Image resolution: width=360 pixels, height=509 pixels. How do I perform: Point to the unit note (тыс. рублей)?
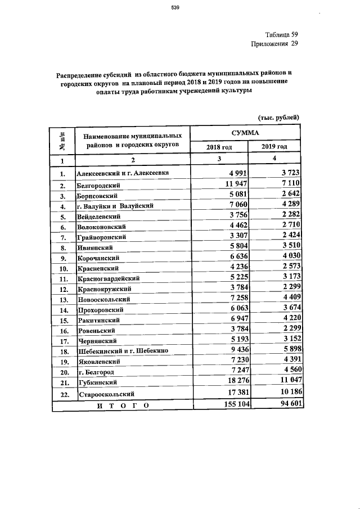tap(278, 117)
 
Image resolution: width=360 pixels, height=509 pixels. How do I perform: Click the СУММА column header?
tap(245, 133)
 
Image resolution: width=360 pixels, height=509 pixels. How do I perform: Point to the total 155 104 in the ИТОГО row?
tap(231, 405)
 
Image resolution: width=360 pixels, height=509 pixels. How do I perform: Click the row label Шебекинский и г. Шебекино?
tap(114, 351)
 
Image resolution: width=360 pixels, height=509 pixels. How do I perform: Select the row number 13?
tap(63, 299)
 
